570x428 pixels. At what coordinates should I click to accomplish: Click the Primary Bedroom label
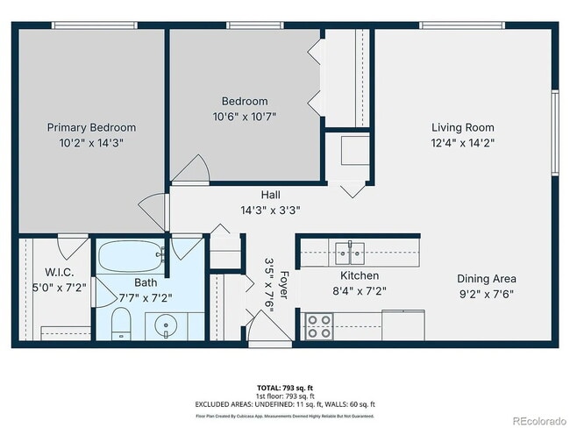[91, 127]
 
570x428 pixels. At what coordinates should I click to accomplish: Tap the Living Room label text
[462, 127]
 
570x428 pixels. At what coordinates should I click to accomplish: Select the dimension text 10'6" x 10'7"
[245, 117]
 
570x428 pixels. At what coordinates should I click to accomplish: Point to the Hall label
[270, 195]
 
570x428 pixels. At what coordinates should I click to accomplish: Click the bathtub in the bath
[132, 258]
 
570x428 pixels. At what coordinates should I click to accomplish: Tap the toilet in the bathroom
[122, 325]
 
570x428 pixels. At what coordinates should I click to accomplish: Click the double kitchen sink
[348, 254]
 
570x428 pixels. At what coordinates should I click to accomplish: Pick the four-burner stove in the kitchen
[318, 326]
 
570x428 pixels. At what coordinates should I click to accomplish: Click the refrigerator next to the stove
[403, 325]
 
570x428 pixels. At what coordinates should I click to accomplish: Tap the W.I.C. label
[41, 272]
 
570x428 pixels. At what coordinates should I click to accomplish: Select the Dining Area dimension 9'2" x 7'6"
[486, 294]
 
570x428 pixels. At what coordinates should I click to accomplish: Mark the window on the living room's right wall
[554, 132]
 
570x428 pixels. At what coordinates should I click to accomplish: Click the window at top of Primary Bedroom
[91, 25]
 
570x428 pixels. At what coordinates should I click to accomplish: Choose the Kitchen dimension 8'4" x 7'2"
[359, 290]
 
